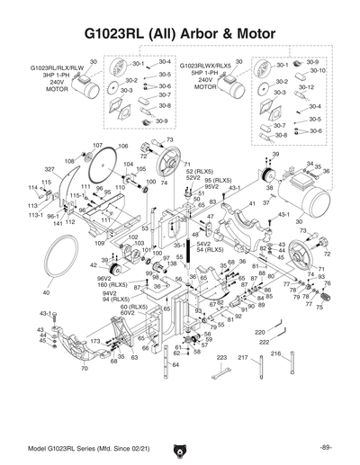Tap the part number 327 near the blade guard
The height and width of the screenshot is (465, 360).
pyautogui.click(x=50, y=169)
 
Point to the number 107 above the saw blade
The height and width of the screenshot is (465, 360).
pyautogui.click(x=98, y=145)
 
